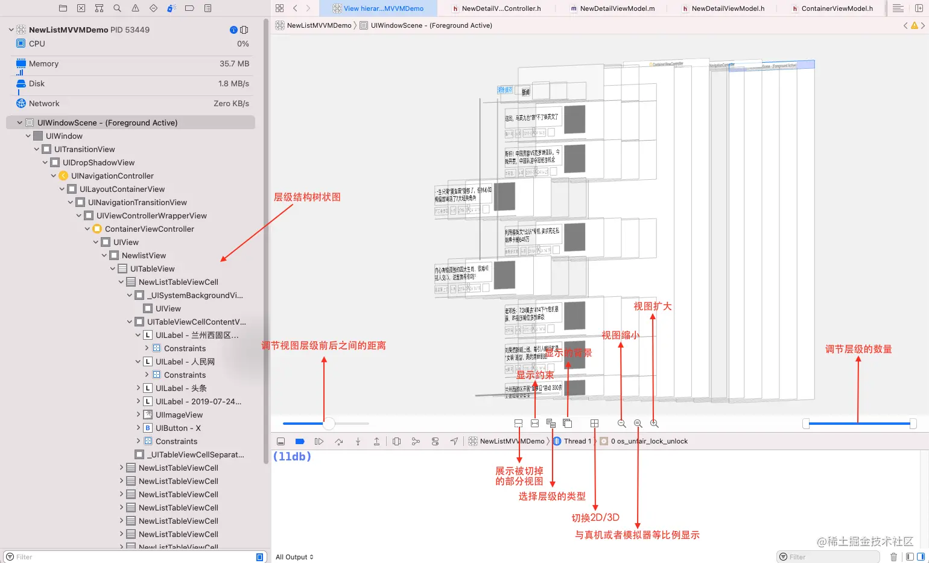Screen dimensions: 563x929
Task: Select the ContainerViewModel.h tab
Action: (836, 8)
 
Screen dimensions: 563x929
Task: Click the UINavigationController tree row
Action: (112, 176)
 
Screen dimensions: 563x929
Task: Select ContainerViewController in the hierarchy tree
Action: (149, 229)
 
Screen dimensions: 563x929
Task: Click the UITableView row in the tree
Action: (152, 269)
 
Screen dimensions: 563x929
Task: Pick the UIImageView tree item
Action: (179, 415)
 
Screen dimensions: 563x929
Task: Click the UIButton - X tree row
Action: (178, 428)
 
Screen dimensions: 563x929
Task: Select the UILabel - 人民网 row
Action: (185, 361)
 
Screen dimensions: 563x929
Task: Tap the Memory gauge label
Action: (43, 63)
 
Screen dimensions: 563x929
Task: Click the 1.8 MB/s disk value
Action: (233, 83)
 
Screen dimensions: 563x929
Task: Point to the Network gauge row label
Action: (44, 103)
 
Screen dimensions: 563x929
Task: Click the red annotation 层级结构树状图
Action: (307, 197)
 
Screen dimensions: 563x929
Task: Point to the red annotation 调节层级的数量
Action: (858, 349)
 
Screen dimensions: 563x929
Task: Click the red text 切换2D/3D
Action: (595, 518)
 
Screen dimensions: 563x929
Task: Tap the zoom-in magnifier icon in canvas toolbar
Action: (654, 424)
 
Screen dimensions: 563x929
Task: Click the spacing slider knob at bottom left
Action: (328, 424)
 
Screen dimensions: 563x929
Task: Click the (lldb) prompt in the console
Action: (292, 457)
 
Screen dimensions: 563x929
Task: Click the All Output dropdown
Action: (294, 557)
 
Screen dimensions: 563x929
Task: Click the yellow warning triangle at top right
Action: (914, 25)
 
